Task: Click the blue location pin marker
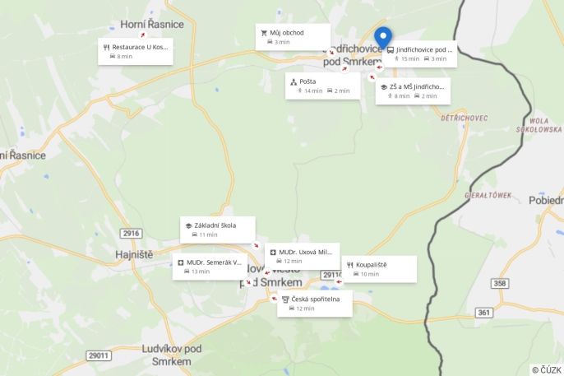[x=383, y=38]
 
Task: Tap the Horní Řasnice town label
[x=152, y=25]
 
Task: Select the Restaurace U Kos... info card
[x=136, y=51]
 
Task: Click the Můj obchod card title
[x=286, y=33]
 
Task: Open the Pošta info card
[x=323, y=86]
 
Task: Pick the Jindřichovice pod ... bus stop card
[x=419, y=53]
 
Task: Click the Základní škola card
[x=218, y=230]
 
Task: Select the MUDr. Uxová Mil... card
[x=303, y=256]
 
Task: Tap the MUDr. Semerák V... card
[x=210, y=267]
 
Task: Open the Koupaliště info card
[x=379, y=269]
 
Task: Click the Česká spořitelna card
[x=315, y=303]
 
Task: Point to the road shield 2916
[x=131, y=234]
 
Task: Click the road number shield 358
[x=500, y=283]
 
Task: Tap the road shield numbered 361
[x=484, y=313]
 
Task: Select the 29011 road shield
[x=99, y=355]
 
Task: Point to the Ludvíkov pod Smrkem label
[x=171, y=355]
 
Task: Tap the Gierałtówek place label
[x=488, y=195]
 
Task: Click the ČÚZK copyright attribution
[x=546, y=369]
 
